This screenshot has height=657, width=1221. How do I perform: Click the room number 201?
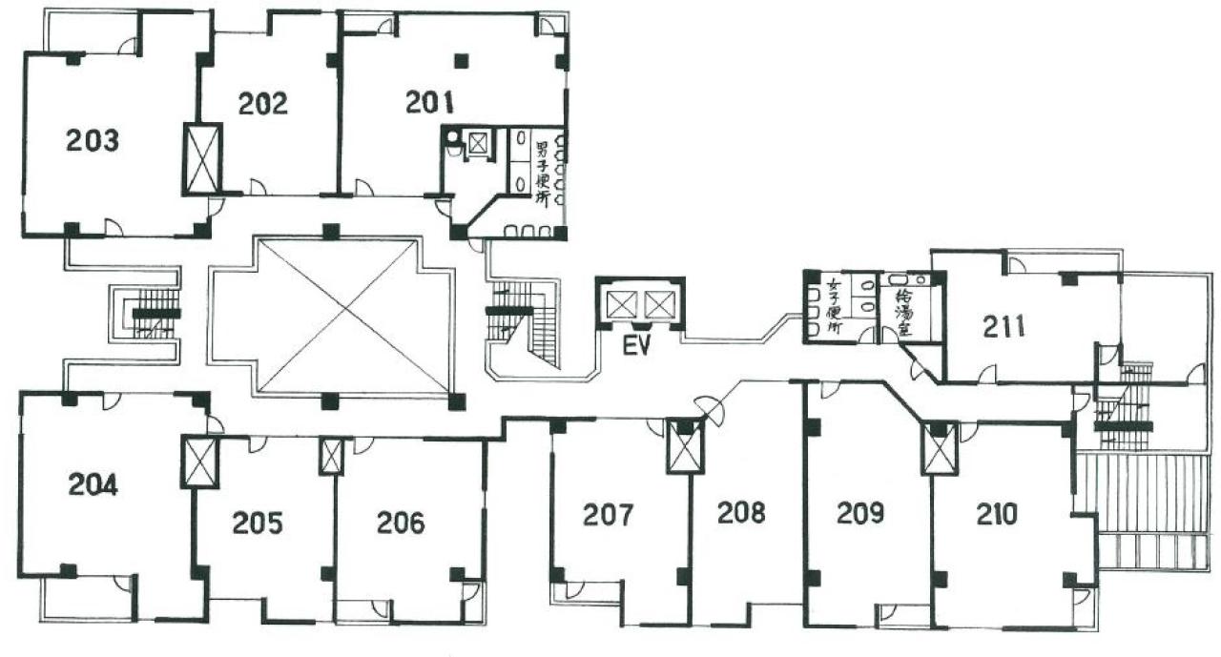coord(429,102)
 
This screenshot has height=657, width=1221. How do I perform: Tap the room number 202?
coord(262,104)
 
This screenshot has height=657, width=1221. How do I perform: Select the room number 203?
coord(93,140)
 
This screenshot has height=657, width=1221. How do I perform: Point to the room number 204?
coord(93,484)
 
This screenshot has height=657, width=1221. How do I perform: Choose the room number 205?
coord(258,523)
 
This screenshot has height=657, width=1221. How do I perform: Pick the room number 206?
coord(401,522)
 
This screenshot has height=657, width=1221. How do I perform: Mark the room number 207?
coord(608,514)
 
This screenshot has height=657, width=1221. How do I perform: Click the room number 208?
coord(741,512)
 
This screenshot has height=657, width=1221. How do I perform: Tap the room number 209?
coord(860,513)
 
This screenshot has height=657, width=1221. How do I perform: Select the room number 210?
coord(997,514)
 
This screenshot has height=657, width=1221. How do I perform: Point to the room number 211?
coord(1004,327)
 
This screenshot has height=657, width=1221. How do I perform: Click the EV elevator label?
coord(637,345)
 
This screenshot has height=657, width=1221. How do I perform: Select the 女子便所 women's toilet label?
coord(834,307)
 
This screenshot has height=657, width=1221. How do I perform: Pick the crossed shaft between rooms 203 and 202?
coord(201,158)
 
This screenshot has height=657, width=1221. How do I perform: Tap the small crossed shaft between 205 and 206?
coord(331,456)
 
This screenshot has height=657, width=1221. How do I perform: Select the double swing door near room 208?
coord(709,411)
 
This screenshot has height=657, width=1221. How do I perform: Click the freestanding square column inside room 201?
coord(461,61)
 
